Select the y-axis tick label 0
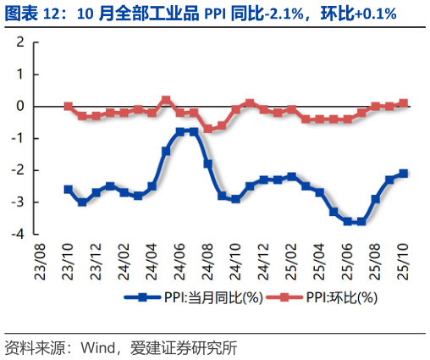tap(18, 107)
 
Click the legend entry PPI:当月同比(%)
tap(196, 296)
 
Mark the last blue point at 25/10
tap(403, 173)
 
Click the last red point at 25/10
tap(403, 103)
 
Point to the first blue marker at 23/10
tap(69, 189)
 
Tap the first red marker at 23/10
tap(69, 107)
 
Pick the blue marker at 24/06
tap(179, 132)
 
